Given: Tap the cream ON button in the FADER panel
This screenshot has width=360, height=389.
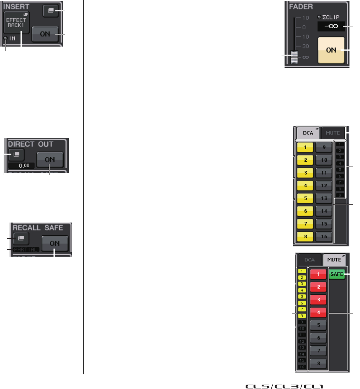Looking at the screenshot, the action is click(331, 50).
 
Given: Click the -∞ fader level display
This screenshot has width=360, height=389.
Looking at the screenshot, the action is click(331, 27).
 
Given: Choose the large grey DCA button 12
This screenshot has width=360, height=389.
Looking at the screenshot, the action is click(324, 185).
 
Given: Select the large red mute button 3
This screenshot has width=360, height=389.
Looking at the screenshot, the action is click(319, 299).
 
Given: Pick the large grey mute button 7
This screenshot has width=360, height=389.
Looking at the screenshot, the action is click(319, 351).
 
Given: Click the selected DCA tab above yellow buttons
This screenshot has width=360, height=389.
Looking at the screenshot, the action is click(308, 133).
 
